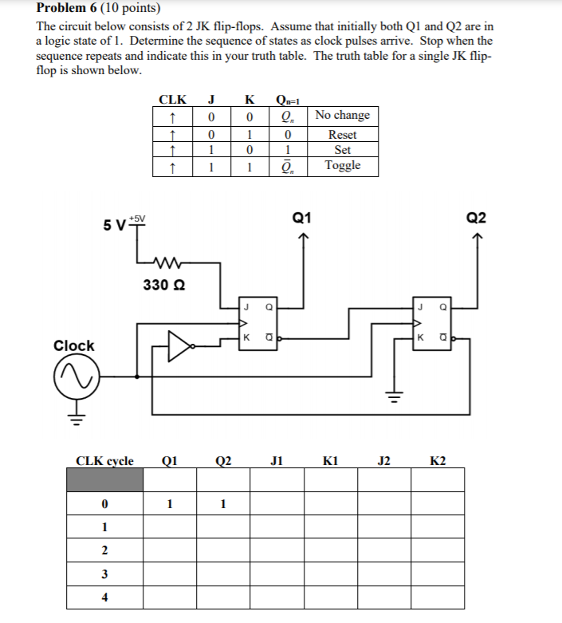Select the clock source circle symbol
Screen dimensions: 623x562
pos(74,373)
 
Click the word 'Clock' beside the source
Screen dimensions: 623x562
pos(73,345)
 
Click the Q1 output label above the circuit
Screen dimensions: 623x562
pos(302,218)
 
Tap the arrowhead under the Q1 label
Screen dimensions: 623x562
pos(302,236)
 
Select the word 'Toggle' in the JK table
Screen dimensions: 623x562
pos(343,165)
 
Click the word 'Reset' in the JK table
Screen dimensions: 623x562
pos(343,134)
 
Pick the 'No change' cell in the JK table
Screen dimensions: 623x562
pos(343,115)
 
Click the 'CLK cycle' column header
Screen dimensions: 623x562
pos(104,460)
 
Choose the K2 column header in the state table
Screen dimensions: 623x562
pos(438,460)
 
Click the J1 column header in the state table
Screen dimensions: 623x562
pos(277,460)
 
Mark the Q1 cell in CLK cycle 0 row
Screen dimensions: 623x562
pos(169,503)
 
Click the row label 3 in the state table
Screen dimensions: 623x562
pos(104,574)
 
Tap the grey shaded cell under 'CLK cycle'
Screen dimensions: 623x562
pos(104,480)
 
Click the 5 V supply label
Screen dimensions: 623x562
pos(114,224)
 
